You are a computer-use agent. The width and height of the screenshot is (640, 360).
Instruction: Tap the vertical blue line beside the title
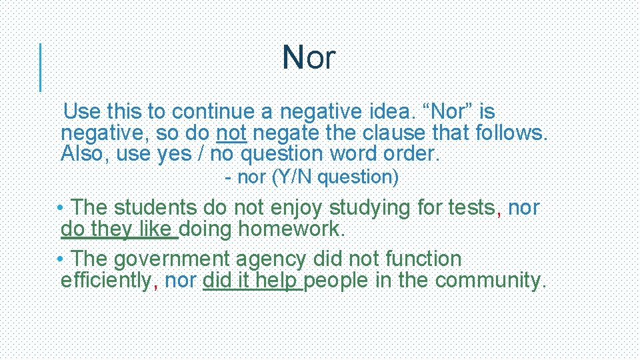(x=41, y=67)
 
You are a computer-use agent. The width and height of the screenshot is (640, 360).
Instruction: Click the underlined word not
(x=231, y=133)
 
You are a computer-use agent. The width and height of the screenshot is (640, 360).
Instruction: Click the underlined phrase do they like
(x=118, y=230)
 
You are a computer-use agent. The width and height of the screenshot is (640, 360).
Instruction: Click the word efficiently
(x=105, y=281)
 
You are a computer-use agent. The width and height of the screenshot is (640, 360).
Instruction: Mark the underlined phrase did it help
(x=252, y=281)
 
